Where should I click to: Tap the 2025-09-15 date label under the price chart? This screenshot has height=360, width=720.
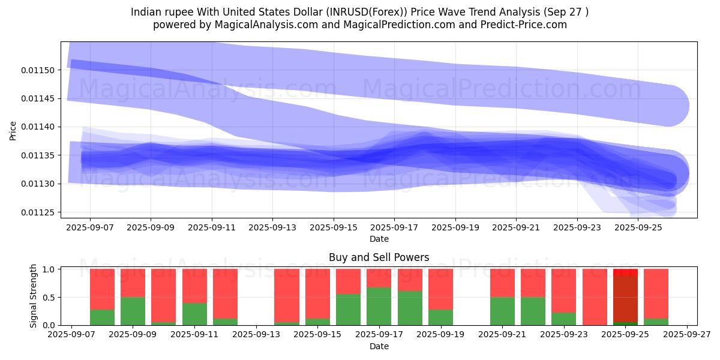click(x=333, y=228)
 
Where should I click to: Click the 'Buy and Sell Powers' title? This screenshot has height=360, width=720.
click(x=379, y=257)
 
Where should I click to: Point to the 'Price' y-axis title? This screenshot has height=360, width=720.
click(x=13, y=130)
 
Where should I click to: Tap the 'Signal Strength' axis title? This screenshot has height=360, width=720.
click(x=34, y=296)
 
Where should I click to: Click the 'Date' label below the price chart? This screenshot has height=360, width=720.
click(x=379, y=239)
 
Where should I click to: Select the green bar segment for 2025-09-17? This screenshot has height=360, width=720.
click(x=379, y=306)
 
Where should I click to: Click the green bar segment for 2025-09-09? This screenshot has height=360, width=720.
click(x=133, y=311)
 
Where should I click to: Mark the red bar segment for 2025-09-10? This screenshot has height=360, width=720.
click(x=164, y=295)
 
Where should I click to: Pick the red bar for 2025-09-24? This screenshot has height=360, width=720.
click(x=595, y=296)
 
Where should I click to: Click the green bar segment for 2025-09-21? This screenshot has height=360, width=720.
click(x=502, y=311)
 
